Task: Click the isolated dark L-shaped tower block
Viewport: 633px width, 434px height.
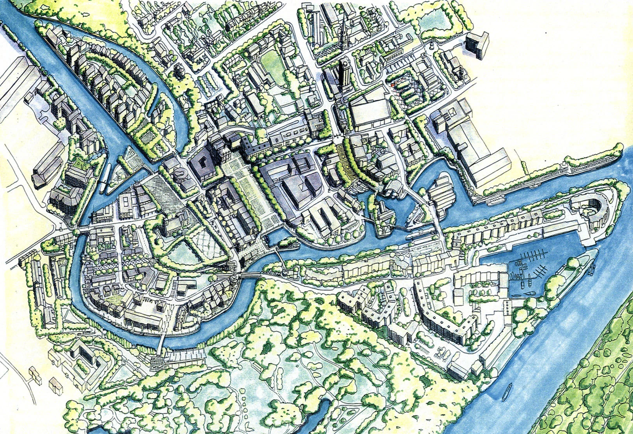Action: click(x=477, y=44)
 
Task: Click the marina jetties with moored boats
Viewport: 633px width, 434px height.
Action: click(x=530, y=265)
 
